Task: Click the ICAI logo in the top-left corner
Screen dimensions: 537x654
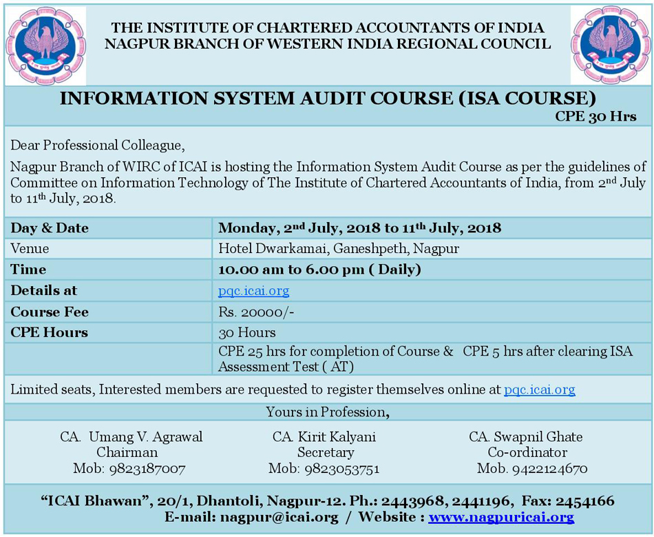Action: click(45, 45)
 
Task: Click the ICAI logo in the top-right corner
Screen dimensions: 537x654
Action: click(610, 45)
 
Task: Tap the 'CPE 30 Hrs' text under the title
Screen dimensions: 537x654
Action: click(595, 116)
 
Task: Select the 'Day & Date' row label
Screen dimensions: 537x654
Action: click(50, 228)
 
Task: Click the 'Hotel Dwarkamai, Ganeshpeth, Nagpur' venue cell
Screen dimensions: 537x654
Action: click(339, 248)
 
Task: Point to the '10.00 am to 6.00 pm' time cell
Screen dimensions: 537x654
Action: click(319, 270)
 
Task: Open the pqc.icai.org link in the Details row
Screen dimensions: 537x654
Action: click(253, 291)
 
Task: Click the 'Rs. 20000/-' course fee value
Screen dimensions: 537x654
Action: click(256, 312)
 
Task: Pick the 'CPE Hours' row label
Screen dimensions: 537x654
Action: click(50, 332)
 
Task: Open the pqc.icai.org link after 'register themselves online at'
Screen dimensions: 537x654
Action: click(539, 389)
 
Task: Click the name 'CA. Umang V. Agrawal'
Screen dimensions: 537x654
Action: click(131, 437)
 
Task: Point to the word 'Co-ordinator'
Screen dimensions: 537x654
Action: click(527, 453)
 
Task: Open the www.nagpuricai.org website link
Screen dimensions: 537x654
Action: click(500, 517)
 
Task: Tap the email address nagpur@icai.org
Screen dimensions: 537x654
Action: click(279, 517)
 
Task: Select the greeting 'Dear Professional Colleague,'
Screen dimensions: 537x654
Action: click(98, 145)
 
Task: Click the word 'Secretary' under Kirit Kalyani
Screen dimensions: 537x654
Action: click(326, 453)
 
